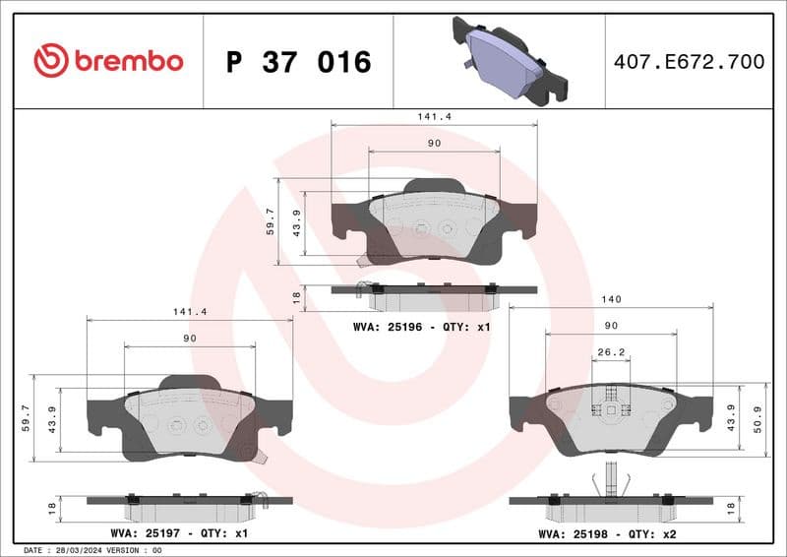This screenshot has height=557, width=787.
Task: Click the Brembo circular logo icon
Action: tap(50, 61)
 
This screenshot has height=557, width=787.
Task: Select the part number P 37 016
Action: tap(298, 62)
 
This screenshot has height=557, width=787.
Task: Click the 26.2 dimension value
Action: tap(611, 352)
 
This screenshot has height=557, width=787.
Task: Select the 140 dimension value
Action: tap(611, 298)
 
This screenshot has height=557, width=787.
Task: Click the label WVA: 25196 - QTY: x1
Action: tap(420, 326)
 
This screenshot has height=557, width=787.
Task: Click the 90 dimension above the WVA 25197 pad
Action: tap(190, 339)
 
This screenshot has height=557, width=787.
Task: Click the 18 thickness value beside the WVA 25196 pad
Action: tap(295, 295)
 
